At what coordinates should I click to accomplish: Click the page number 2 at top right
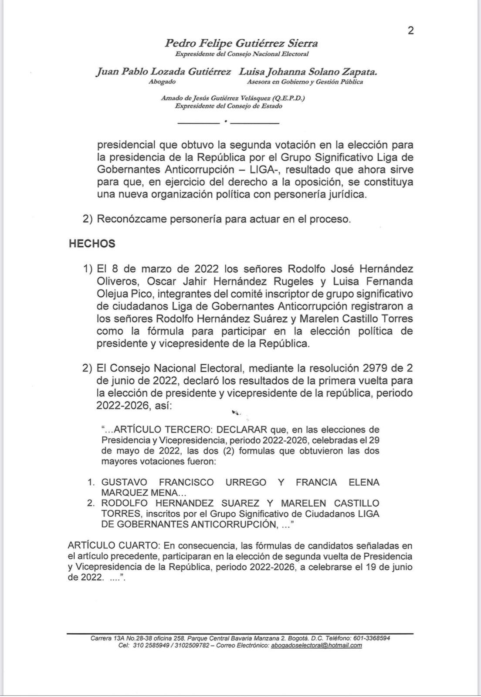pyautogui.click(x=410, y=30)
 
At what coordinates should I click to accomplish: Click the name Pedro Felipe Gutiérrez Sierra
pyautogui.click(x=241, y=44)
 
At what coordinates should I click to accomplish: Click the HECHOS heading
pyautogui.click(x=92, y=244)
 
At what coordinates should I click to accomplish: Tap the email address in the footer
pyautogui.click(x=316, y=645)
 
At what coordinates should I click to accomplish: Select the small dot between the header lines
pyautogui.click(x=225, y=121)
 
